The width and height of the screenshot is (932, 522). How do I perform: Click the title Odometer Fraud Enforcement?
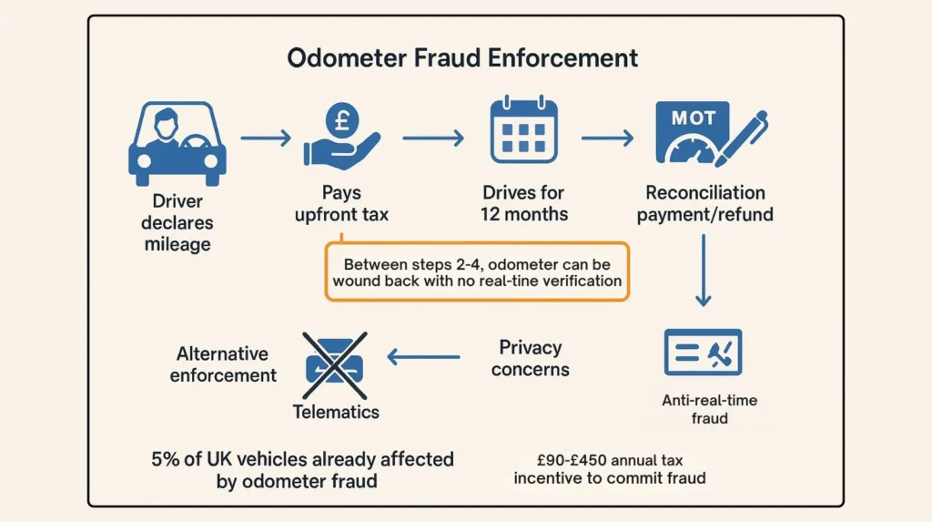(x=462, y=57)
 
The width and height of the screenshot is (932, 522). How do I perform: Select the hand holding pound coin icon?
(x=340, y=138)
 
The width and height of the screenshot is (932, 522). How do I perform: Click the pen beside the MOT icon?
(x=741, y=137)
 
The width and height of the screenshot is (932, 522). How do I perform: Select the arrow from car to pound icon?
(x=266, y=138)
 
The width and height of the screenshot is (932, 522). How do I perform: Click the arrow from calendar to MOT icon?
(x=607, y=138)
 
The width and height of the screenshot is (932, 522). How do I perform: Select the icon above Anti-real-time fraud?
(x=703, y=353)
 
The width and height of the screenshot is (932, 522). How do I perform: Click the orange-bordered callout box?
(x=477, y=271)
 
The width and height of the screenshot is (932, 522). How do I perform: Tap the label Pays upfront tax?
(x=341, y=203)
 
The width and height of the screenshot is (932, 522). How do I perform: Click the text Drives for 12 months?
(x=523, y=203)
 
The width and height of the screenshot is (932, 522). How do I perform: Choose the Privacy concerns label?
(x=530, y=358)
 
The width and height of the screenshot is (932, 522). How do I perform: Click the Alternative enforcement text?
(x=223, y=364)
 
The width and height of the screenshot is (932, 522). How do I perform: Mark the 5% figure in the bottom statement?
(x=164, y=458)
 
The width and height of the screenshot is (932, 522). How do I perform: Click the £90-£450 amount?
(x=566, y=461)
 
